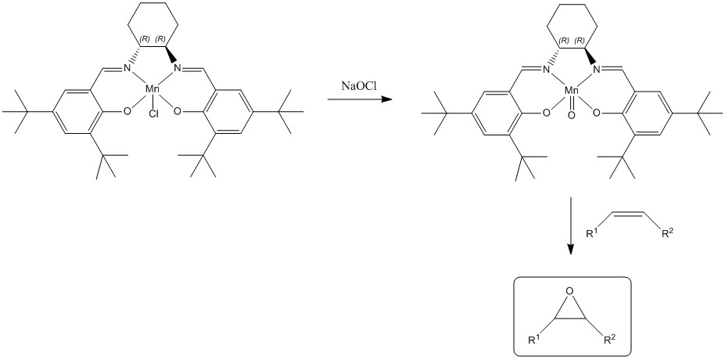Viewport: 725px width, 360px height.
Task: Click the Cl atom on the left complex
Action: coord(153,113)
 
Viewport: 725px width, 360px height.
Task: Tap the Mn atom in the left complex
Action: coord(153,92)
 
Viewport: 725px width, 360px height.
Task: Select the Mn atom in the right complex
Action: coord(572,92)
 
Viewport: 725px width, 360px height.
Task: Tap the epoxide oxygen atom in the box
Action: coord(570,292)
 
